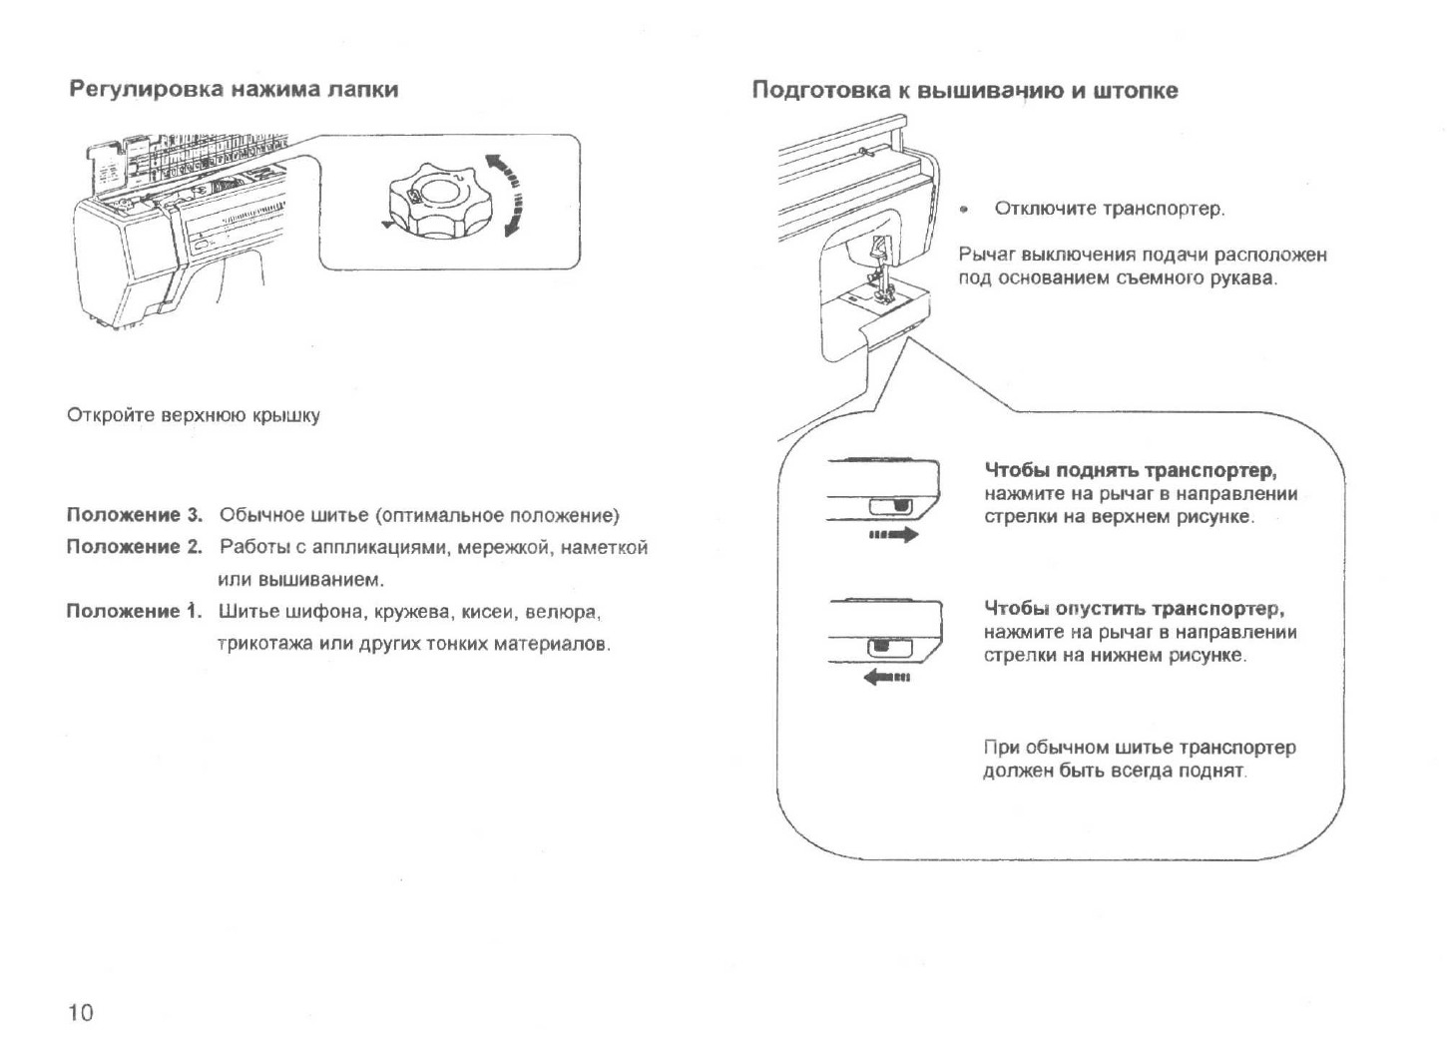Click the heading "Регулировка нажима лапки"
click(x=234, y=90)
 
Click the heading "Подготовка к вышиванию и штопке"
click(x=964, y=91)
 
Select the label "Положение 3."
click(x=134, y=516)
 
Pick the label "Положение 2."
click(x=134, y=547)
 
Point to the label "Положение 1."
click(x=134, y=611)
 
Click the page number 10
click(x=80, y=1013)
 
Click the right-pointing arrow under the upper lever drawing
click(x=893, y=536)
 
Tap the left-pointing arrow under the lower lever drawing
click(x=887, y=679)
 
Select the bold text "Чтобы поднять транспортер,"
click(x=1131, y=471)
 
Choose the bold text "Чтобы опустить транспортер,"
click(x=1134, y=609)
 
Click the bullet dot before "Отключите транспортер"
click(x=964, y=210)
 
